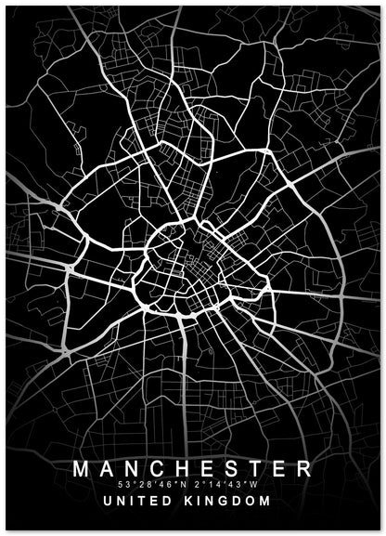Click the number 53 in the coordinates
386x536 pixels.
click(123, 484)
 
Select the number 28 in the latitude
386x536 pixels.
click(144, 484)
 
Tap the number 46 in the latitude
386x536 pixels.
click(165, 484)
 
